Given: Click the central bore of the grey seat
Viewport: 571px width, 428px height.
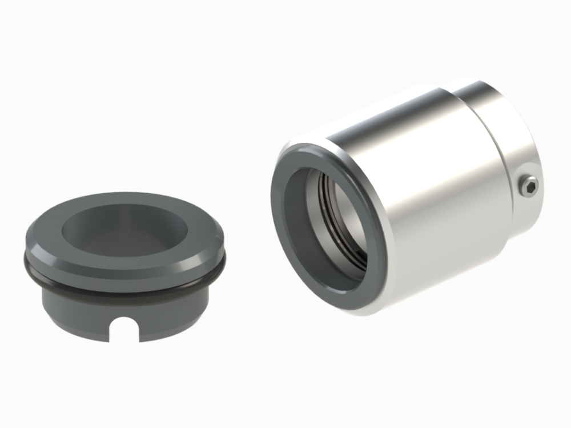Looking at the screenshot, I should (x=124, y=229).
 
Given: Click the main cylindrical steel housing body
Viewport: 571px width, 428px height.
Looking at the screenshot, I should (x=434, y=189).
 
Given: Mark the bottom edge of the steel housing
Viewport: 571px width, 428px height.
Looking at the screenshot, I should (x=445, y=286).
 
